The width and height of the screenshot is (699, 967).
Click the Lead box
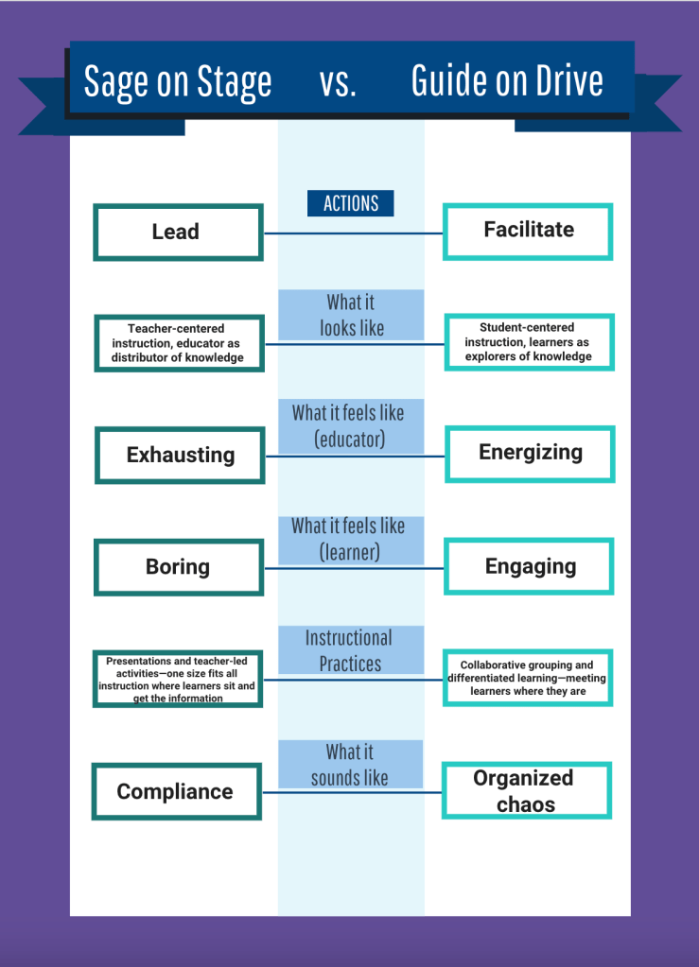tap(178, 233)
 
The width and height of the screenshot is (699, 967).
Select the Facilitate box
tap(528, 231)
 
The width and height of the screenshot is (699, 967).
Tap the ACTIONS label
tap(351, 203)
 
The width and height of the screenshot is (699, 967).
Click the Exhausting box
tap(180, 455)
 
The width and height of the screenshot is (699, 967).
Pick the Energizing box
tap(530, 453)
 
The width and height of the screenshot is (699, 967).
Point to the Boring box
tap(178, 567)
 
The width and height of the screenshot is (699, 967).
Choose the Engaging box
tap(530, 566)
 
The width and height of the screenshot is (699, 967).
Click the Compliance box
tap(176, 791)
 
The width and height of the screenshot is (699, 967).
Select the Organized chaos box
tap(526, 790)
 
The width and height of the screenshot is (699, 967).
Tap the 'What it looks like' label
tap(351, 315)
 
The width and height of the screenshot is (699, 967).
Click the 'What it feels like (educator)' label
tap(351, 425)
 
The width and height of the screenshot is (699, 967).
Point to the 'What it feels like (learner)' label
tap(351, 539)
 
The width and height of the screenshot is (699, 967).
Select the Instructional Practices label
tap(351, 650)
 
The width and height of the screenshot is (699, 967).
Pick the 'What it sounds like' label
tap(351, 764)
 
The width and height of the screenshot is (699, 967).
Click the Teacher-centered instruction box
tap(178, 343)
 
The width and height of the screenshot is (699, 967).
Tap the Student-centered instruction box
tap(528, 342)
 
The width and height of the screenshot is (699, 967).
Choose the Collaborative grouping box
tap(528, 678)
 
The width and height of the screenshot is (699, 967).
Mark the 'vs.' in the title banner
tap(338, 82)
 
